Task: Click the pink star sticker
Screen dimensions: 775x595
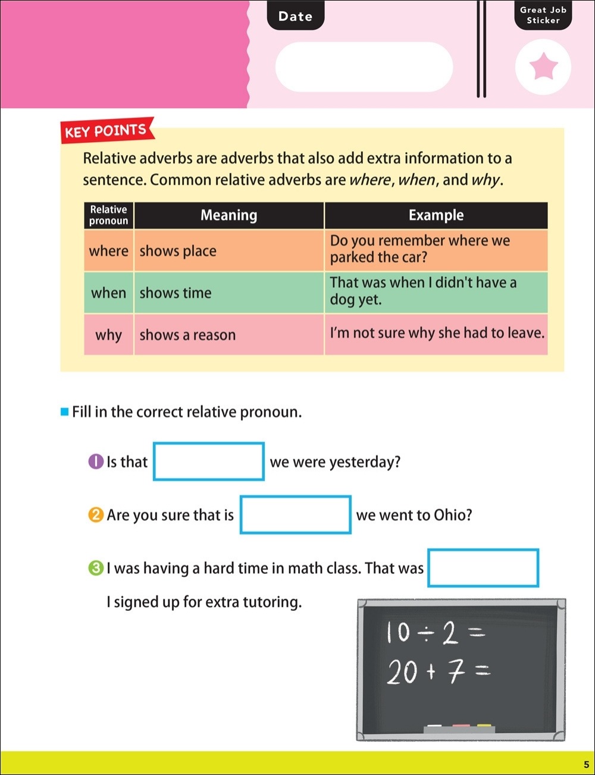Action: tap(543, 67)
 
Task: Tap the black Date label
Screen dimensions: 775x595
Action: tap(295, 17)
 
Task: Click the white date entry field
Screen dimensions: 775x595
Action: tap(364, 67)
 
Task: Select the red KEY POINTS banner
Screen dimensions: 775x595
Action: tap(106, 130)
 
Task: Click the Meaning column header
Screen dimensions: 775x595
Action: tap(229, 215)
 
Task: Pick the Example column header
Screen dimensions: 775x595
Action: tap(436, 215)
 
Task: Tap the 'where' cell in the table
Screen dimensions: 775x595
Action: tap(109, 251)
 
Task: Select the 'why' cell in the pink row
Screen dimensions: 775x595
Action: tap(108, 335)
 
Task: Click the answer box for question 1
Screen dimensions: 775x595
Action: tap(208, 462)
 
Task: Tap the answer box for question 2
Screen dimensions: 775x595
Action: tap(295, 514)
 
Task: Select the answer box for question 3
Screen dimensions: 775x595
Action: tap(483, 568)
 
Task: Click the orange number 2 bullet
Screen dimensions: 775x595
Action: tap(96, 514)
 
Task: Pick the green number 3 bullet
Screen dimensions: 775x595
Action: tap(96, 568)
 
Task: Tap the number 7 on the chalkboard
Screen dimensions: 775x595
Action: tap(456, 672)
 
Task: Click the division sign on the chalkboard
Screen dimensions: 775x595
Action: tap(425, 634)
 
